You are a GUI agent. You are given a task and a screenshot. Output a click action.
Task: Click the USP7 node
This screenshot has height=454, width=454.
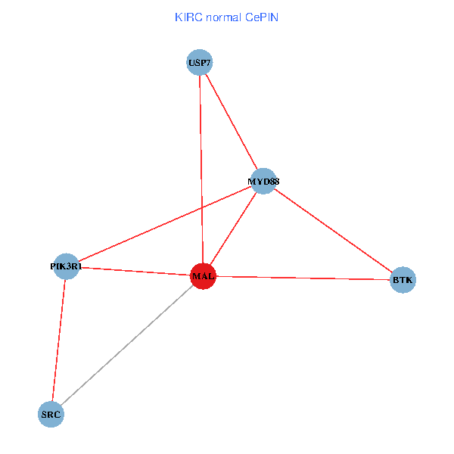click(x=199, y=62)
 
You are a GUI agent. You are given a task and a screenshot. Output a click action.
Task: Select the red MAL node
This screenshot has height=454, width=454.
click(x=203, y=276)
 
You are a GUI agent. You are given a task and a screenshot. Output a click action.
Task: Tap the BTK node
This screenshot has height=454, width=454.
click(x=403, y=281)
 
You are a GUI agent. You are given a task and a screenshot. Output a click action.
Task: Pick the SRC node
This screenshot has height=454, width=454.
click(x=51, y=415)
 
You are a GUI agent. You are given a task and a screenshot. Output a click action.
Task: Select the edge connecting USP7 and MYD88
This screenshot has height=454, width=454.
click(x=231, y=121)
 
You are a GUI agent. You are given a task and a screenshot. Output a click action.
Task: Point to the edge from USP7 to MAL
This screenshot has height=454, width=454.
click(x=201, y=166)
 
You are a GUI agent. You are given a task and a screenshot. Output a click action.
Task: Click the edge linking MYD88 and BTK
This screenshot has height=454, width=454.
click(x=333, y=231)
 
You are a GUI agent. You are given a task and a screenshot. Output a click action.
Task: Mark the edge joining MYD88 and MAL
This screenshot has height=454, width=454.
click(x=232, y=229)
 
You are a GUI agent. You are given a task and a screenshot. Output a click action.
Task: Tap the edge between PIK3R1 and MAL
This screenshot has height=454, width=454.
click(x=135, y=271)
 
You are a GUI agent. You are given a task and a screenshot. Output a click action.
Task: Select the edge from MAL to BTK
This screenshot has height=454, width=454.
click(x=303, y=278)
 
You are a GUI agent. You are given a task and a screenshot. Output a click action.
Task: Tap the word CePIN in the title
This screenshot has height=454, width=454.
click(x=261, y=17)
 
